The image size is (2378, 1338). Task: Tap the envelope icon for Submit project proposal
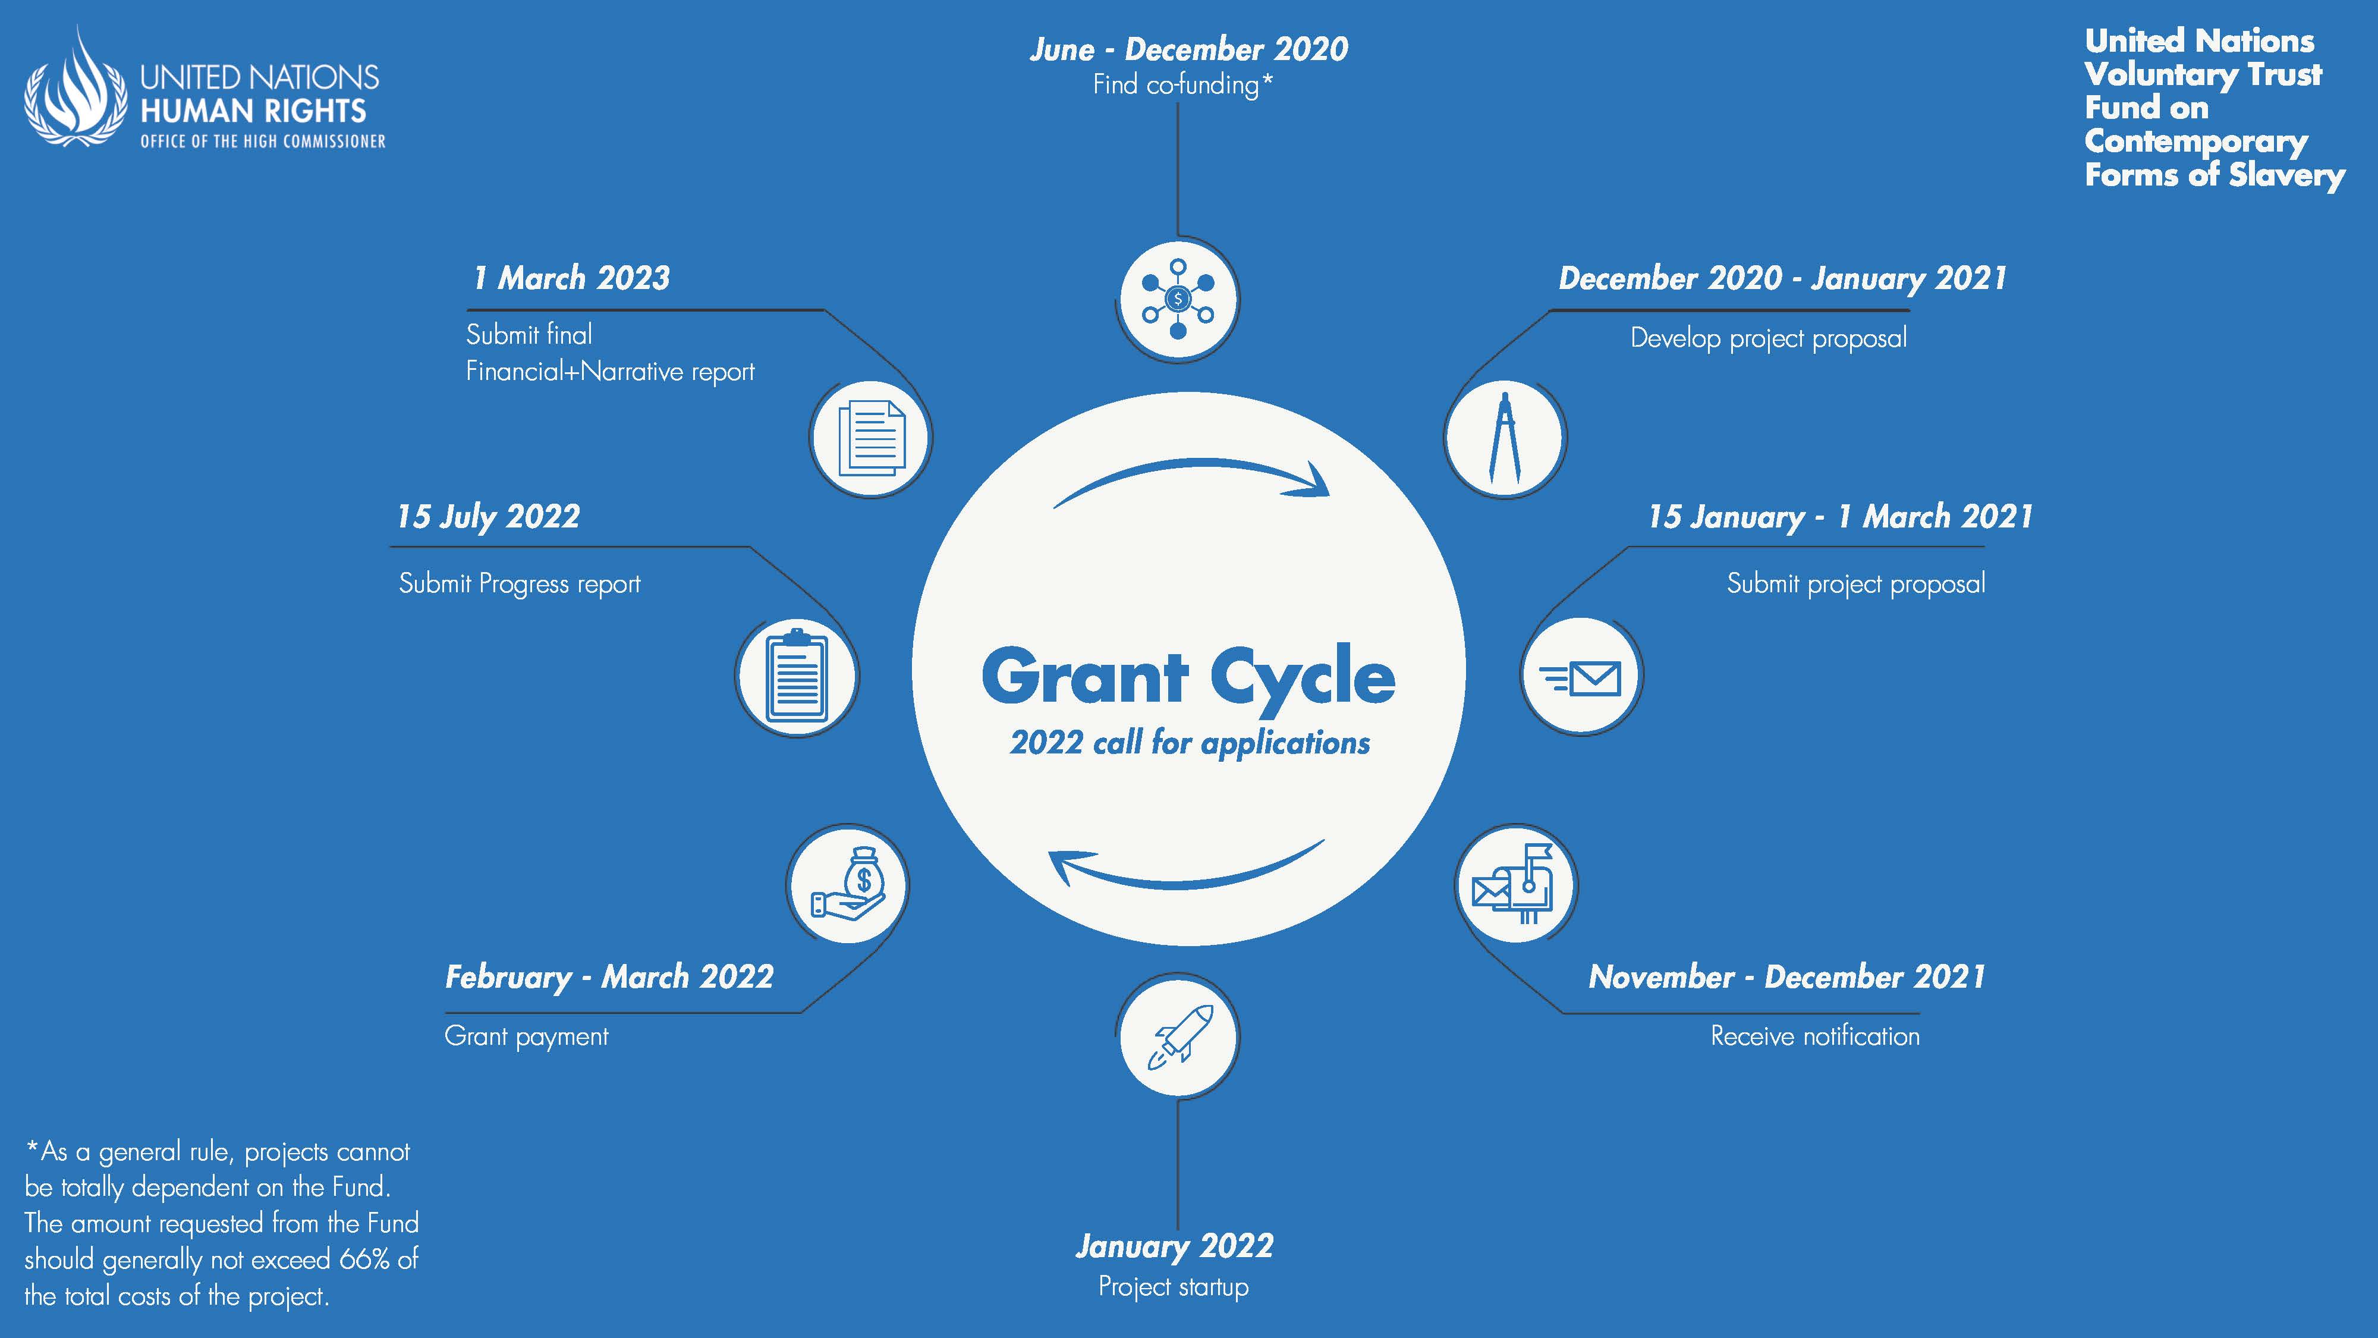click(1581, 678)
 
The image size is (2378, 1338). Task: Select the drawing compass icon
click(1505, 438)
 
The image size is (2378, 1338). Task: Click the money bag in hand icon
click(848, 884)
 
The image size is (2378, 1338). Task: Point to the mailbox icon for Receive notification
click(1514, 884)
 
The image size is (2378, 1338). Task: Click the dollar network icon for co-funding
click(1178, 299)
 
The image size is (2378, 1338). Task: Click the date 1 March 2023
click(571, 278)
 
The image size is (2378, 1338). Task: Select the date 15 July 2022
click(488, 516)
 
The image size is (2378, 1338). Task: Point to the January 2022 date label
click(1174, 1246)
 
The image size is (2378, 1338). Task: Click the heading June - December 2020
click(1189, 49)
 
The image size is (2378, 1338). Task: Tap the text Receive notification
click(1815, 1036)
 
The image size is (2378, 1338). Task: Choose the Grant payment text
click(526, 1036)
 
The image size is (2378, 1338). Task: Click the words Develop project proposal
click(1769, 338)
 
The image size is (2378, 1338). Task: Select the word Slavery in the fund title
click(2292, 175)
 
